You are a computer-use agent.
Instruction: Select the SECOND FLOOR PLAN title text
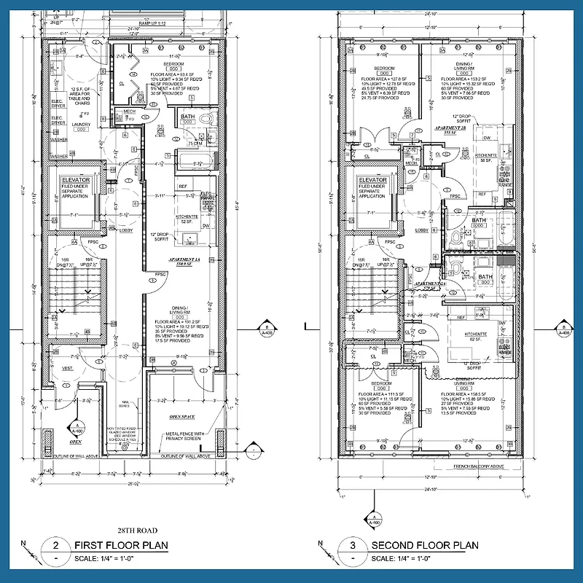click(424, 545)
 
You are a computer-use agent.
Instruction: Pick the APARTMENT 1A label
click(184, 260)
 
